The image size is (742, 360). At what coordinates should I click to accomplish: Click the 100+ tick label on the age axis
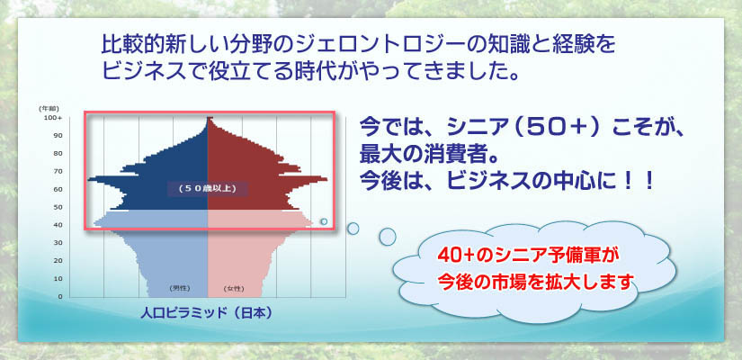[53, 118]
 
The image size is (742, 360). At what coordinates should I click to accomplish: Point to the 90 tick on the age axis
[58, 136]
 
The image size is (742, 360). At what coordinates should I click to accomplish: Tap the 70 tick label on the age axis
[58, 171]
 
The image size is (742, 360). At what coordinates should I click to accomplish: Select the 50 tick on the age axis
[58, 207]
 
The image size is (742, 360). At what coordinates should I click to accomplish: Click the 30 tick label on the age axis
[58, 243]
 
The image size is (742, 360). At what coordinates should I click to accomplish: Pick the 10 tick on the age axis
[58, 278]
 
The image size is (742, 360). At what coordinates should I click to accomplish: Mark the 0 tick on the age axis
[59, 296]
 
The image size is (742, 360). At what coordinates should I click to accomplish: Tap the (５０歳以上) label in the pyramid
[208, 188]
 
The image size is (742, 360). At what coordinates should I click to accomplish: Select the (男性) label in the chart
[179, 288]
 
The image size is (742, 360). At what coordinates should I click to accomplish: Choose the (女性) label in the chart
[234, 288]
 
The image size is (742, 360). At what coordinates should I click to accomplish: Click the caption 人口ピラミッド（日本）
[207, 313]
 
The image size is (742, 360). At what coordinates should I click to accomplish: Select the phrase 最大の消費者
[413, 154]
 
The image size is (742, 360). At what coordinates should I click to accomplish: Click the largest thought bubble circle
[388, 237]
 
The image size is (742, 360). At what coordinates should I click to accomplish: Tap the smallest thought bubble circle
[324, 221]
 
